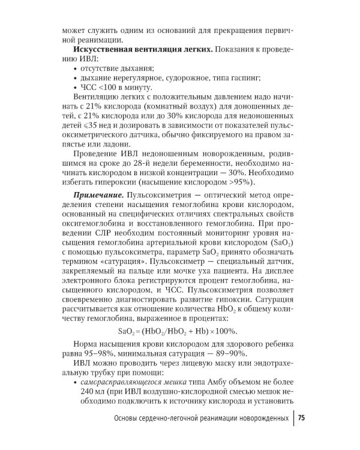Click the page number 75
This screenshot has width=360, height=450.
click(x=301, y=418)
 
